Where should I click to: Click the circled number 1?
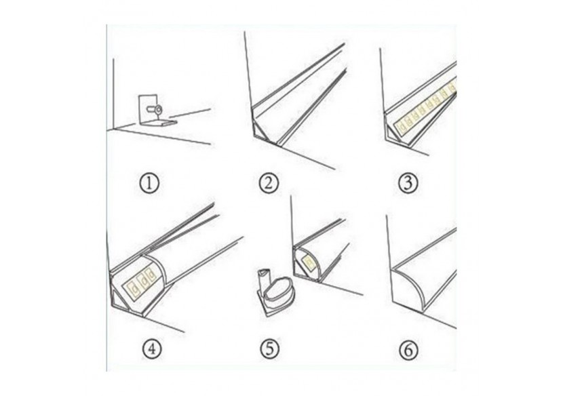149,184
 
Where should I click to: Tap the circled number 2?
269,184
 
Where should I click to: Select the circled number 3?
408,184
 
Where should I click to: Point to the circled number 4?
151,349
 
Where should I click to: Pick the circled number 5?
270,349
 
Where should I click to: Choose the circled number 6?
408,350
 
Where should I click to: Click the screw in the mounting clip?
155,108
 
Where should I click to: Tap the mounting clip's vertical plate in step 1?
148,108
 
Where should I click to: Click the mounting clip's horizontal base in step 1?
158,123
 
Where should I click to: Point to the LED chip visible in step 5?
309,262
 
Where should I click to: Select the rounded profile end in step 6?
409,288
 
